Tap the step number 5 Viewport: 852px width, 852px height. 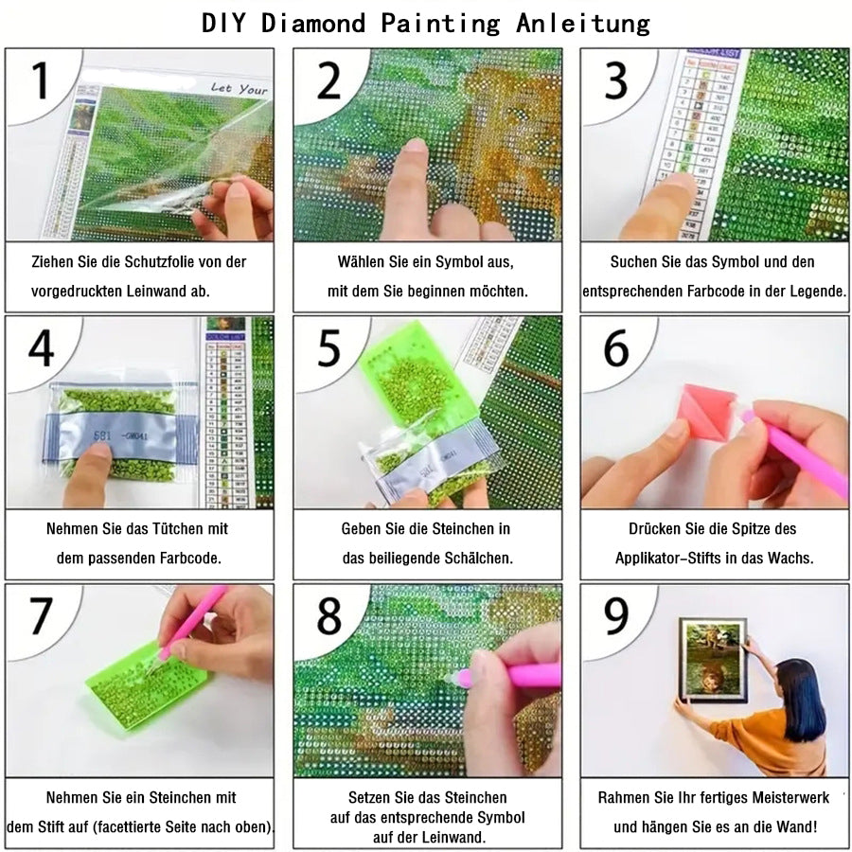point(328,348)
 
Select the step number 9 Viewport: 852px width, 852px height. point(616,617)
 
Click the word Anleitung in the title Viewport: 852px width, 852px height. point(583,23)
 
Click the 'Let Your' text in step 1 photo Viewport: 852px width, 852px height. point(239,89)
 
